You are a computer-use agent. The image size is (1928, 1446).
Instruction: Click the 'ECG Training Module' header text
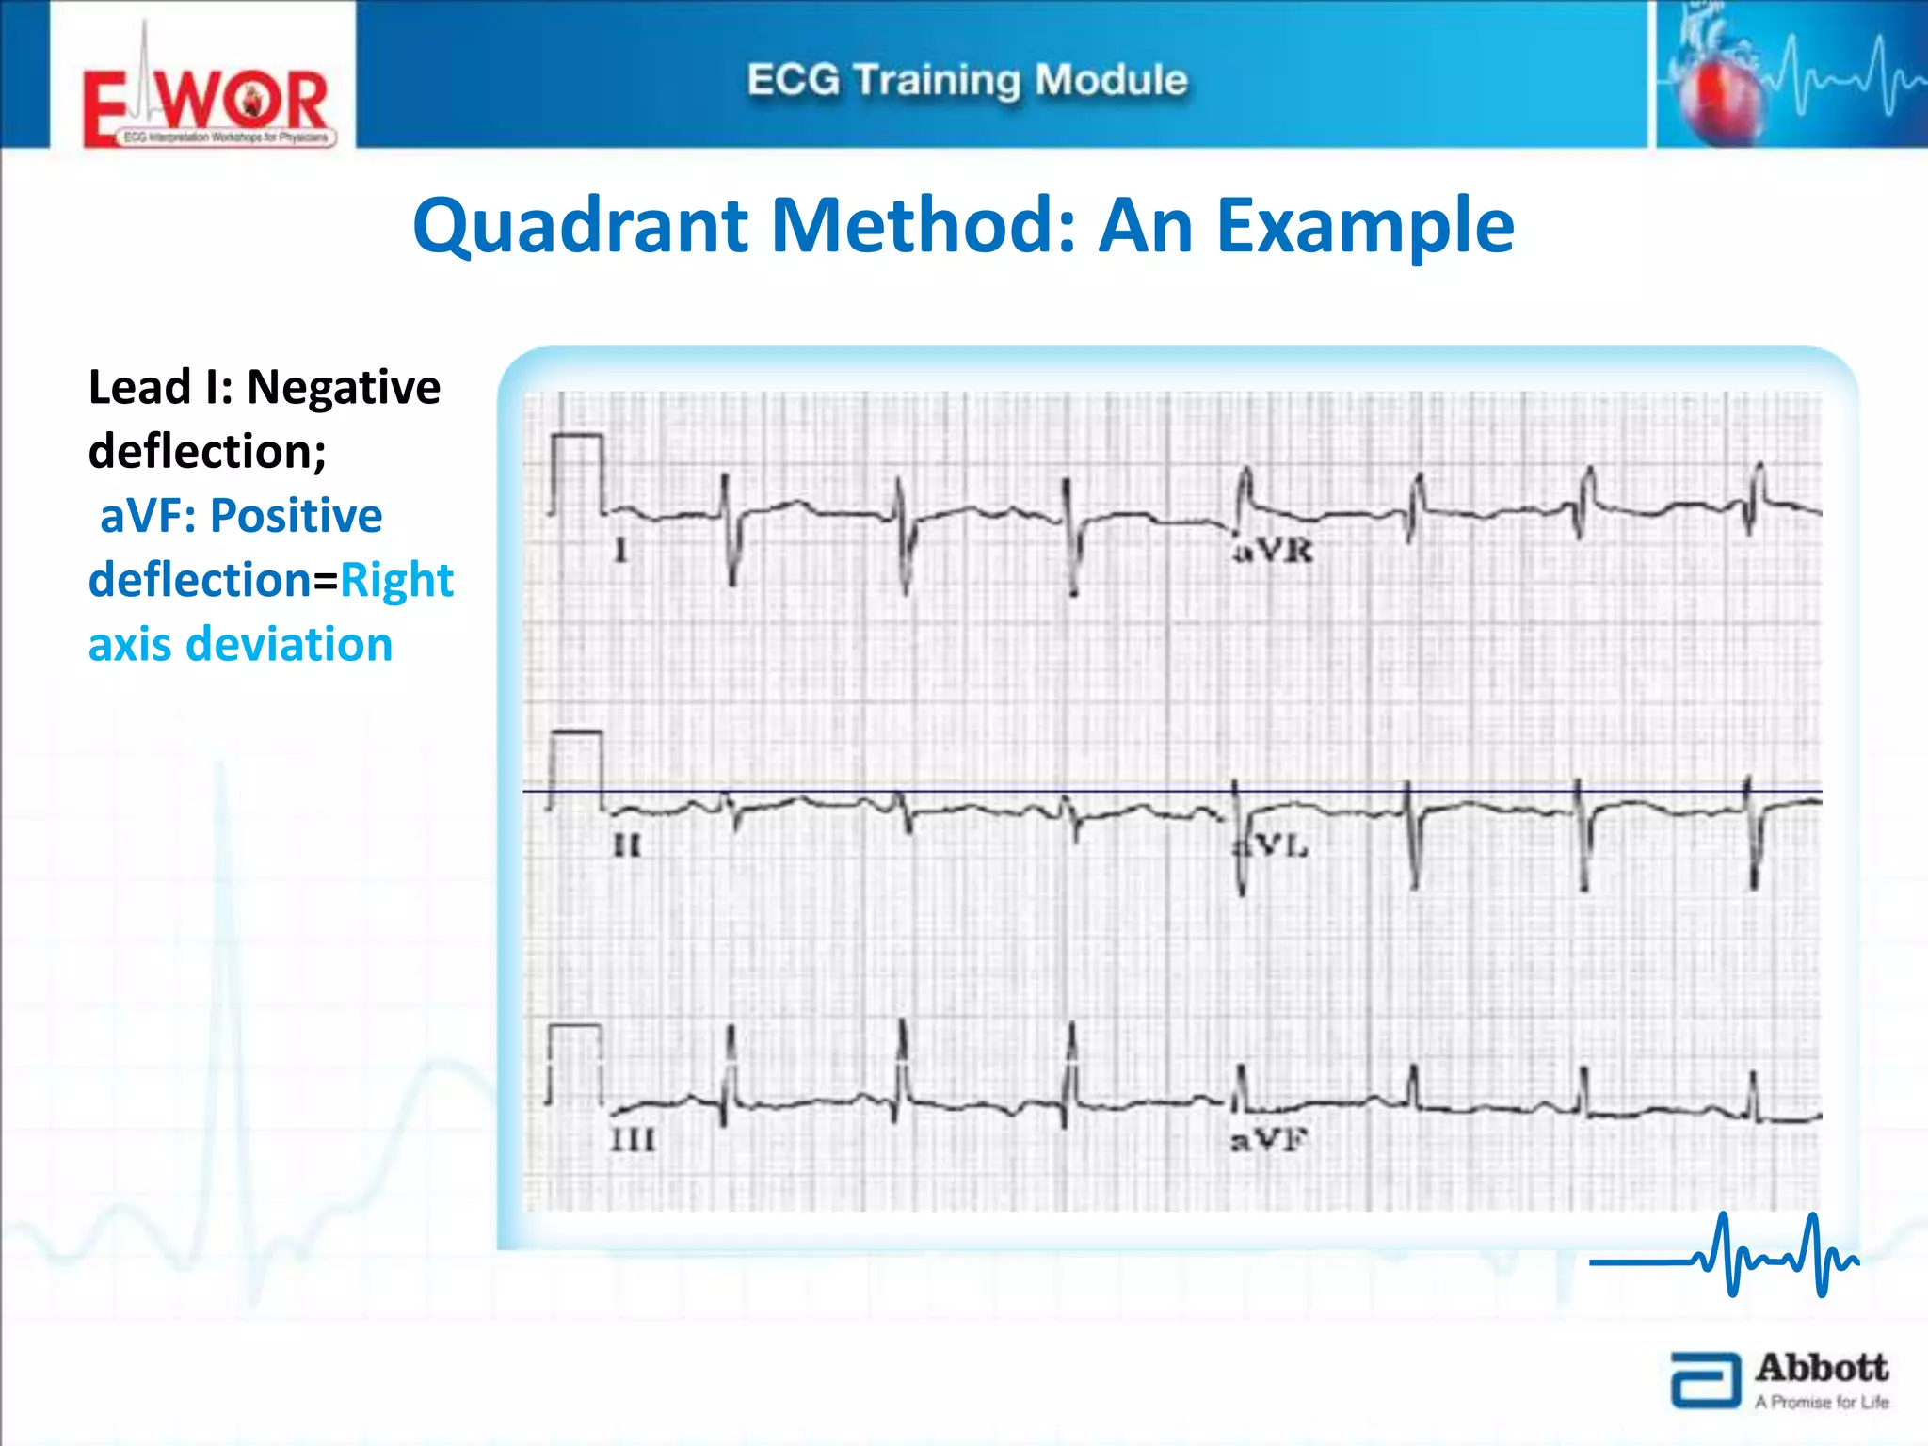967,80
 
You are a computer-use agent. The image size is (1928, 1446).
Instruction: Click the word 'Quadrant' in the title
580,227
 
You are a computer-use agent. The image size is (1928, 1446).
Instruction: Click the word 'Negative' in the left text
343,387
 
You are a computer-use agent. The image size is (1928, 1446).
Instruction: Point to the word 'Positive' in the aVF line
296,516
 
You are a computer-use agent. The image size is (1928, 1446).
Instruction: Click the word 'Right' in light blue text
396,580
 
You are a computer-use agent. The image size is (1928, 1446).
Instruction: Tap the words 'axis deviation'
240,645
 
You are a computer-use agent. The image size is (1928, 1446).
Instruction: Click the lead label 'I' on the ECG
620,550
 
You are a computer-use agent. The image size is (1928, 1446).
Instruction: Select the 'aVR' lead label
1273,551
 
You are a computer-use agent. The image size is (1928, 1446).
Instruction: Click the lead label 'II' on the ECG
627,845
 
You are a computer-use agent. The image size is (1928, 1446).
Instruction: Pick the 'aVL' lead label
1272,846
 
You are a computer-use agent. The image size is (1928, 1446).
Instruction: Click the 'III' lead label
633,1140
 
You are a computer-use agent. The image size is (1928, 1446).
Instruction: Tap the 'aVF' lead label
1268,1141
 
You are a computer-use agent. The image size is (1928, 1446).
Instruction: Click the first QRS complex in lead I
729,528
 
